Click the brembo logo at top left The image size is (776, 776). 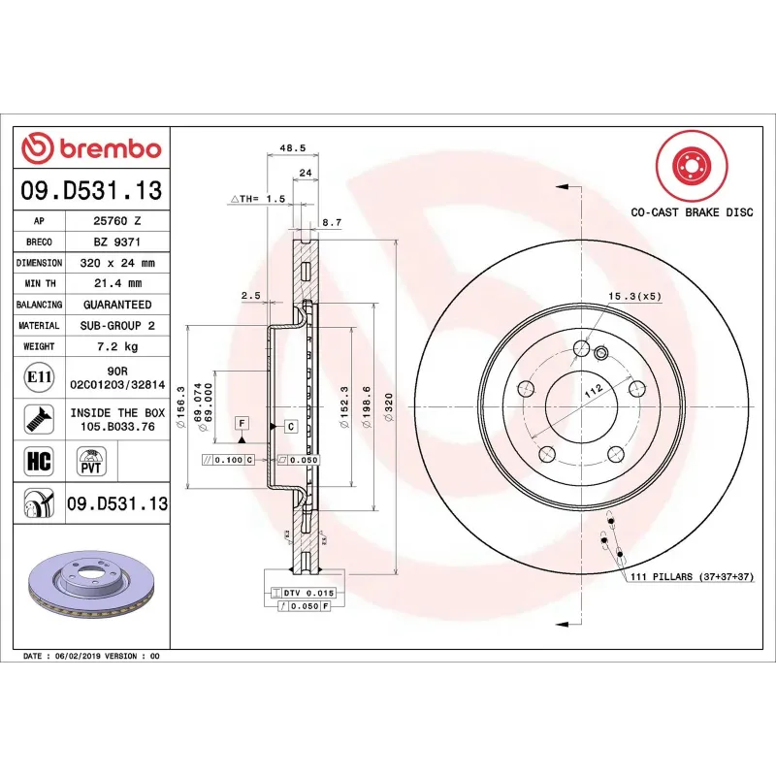(x=91, y=149)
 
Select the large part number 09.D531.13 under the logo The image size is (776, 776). (x=91, y=192)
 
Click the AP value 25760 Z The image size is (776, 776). (x=117, y=221)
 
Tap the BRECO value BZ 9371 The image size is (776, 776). (x=117, y=242)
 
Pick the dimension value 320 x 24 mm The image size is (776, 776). (x=117, y=263)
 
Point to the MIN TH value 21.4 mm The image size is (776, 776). (x=117, y=283)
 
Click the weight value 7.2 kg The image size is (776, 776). (x=117, y=346)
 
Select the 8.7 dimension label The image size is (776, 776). (x=331, y=222)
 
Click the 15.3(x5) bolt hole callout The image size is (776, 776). (x=634, y=296)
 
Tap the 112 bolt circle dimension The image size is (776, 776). (x=594, y=390)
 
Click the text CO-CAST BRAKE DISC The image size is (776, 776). (x=692, y=211)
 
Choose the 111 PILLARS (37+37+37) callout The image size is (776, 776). (x=692, y=576)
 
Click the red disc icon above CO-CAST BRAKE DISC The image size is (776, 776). (x=691, y=166)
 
